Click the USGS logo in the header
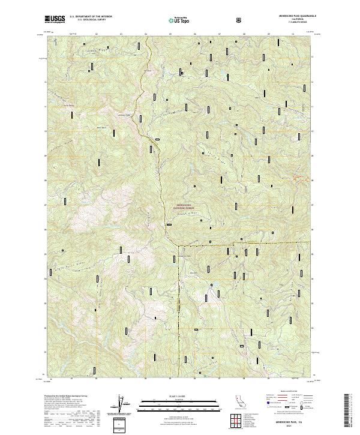(55, 20)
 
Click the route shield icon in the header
(240, 20)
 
